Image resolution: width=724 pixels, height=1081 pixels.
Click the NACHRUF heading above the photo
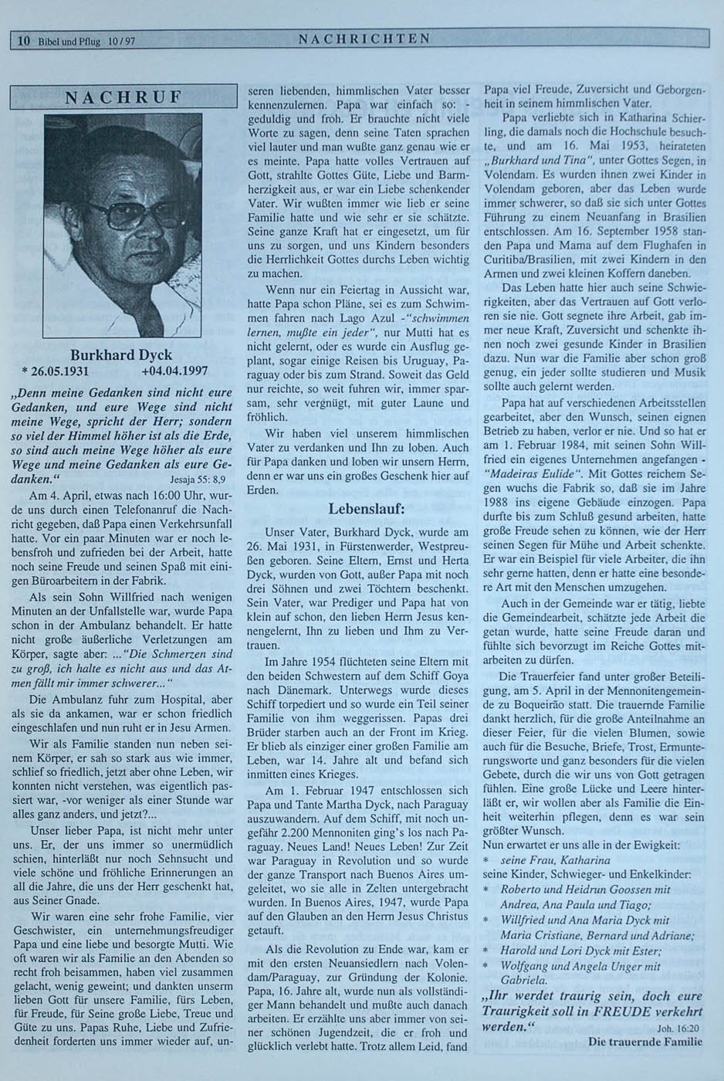pyautogui.click(x=123, y=98)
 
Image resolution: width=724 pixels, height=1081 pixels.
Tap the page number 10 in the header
pyautogui.click(x=24, y=42)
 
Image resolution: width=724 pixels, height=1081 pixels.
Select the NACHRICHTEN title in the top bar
pyautogui.click(x=364, y=39)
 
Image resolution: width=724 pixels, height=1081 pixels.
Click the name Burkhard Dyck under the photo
pyautogui.click(x=121, y=356)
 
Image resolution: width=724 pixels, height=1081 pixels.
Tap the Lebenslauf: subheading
pyautogui.click(x=366, y=510)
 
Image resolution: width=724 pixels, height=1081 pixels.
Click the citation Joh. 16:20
pyautogui.click(x=678, y=1028)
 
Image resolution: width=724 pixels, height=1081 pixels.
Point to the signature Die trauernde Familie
pyautogui.click(x=644, y=1042)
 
